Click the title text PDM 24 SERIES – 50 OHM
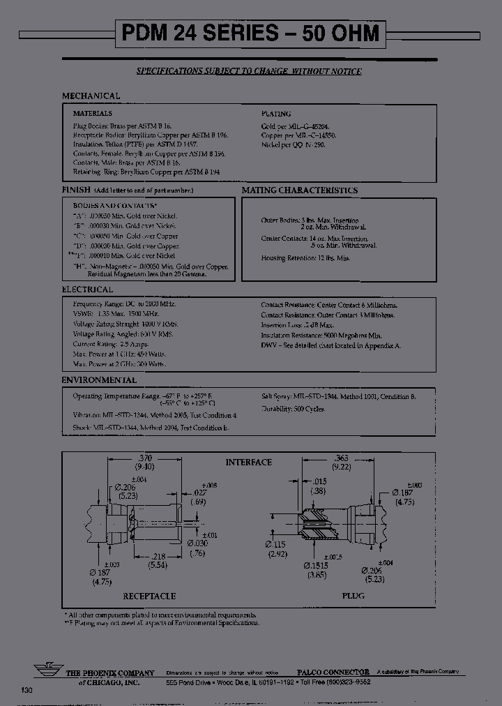(x=250, y=33)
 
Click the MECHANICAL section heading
(x=91, y=96)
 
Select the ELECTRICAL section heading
(x=87, y=290)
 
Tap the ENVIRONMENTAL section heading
(x=98, y=380)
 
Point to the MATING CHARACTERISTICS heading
(x=300, y=190)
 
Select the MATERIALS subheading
(x=93, y=112)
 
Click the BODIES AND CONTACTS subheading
(x=115, y=206)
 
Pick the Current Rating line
(x=111, y=345)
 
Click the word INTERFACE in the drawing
(x=248, y=462)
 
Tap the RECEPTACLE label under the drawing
(x=149, y=596)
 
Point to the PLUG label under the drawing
(x=352, y=596)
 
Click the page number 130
(x=26, y=690)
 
